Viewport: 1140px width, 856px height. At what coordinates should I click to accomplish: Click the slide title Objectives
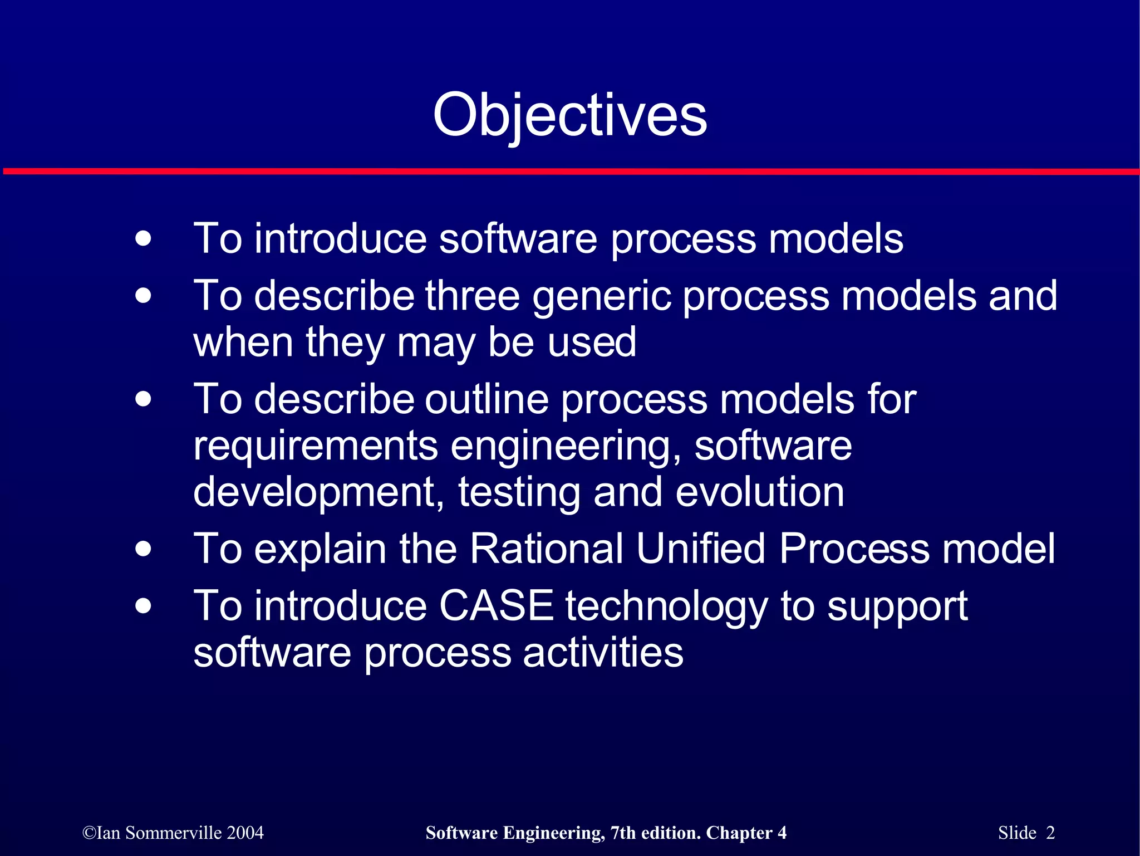click(x=569, y=115)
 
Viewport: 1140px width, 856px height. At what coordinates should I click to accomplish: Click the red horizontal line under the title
click(x=569, y=172)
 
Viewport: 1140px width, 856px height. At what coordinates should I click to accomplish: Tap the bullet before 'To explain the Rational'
click(x=143, y=549)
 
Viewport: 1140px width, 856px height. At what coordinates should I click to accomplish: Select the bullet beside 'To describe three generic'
click(x=143, y=295)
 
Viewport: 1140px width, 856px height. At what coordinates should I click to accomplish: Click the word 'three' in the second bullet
click(x=472, y=295)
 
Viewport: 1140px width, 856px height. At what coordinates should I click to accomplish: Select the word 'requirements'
click(x=316, y=447)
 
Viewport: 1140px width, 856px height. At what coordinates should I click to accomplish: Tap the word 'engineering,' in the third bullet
click(x=566, y=447)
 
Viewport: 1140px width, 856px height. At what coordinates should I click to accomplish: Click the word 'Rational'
click(x=546, y=549)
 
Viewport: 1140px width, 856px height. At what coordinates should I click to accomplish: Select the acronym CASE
click(x=496, y=606)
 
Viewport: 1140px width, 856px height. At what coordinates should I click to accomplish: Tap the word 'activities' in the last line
click(x=602, y=652)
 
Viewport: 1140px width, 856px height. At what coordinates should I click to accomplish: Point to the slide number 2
click(x=1050, y=833)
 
